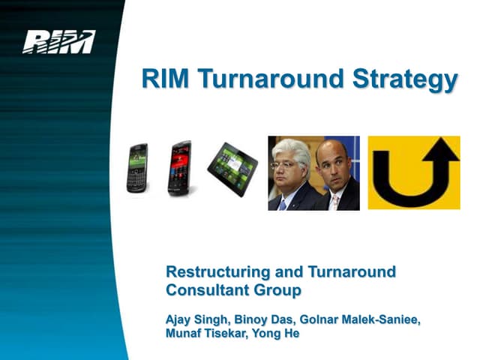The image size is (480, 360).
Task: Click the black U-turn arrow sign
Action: (413, 172)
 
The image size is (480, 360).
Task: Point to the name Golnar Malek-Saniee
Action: (362, 319)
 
